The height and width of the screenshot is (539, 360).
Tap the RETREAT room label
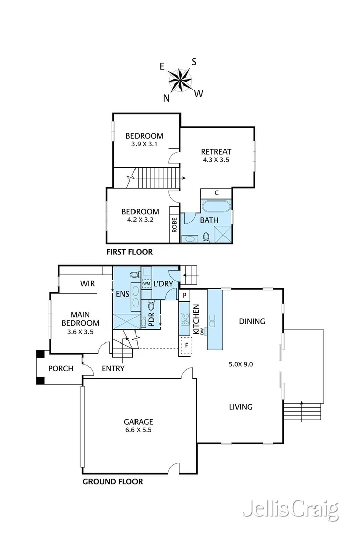(216, 152)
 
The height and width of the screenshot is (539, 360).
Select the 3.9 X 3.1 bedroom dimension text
(144, 145)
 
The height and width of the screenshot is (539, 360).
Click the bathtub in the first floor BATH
(216, 207)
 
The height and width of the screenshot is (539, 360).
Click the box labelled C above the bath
(216, 193)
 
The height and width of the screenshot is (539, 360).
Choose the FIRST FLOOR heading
(129, 252)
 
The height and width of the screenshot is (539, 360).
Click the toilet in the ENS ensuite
(134, 275)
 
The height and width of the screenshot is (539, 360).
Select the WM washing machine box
(146, 284)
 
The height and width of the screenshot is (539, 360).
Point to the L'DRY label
(163, 284)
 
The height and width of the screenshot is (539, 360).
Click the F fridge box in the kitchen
(187, 346)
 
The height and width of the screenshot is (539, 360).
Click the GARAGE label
(139, 421)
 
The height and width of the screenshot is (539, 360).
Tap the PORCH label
(61, 368)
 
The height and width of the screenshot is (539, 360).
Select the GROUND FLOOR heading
(112, 481)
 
